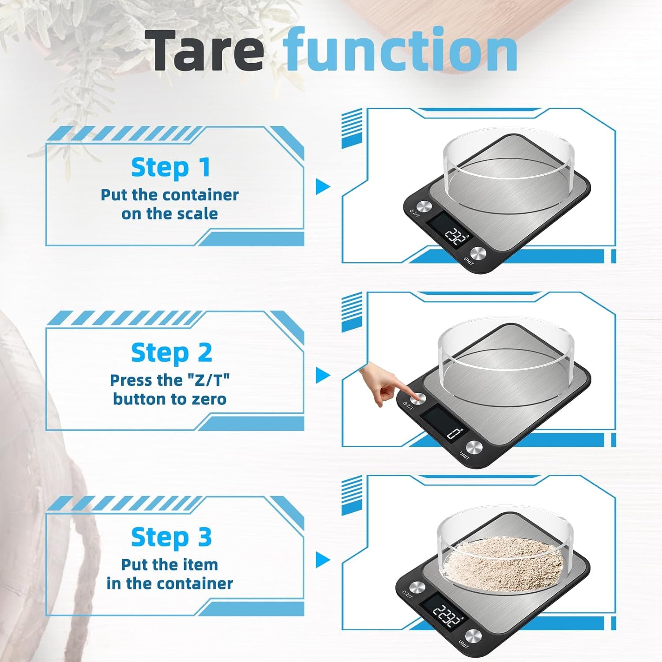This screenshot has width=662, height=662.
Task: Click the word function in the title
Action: pos(400,49)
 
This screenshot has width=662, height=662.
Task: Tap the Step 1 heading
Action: pos(171,168)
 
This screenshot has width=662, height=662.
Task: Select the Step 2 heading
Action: pos(171,353)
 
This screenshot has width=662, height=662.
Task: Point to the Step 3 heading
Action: pos(171,538)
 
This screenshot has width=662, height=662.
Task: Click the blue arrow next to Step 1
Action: pos(323,186)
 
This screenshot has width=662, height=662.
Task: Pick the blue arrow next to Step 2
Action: pos(323,376)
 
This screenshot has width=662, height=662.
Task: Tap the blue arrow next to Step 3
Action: pos(323,560)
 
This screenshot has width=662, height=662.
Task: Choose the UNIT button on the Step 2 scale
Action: pos(474,447)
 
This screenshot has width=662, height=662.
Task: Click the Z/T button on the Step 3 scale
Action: pos(417,587)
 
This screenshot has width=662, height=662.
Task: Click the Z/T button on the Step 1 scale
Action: pos(425,207)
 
